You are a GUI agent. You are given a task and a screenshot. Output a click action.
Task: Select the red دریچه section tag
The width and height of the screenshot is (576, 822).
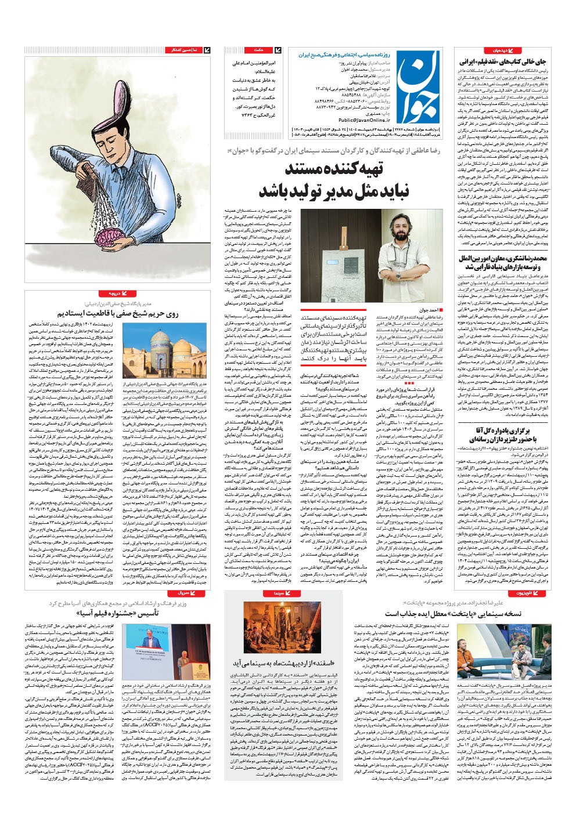(x=110, y=294)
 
